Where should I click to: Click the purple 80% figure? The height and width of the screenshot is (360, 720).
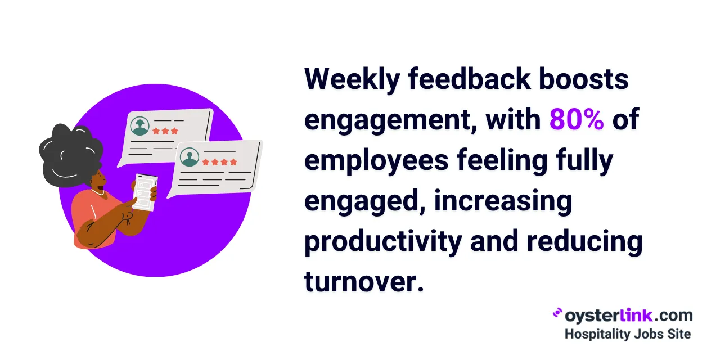(576, 120)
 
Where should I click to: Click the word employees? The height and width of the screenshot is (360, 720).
(376, 161)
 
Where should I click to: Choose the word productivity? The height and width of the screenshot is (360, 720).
(382, 242)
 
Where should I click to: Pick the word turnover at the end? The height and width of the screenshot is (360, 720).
(363, 281)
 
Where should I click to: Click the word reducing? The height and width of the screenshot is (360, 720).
(584, 242)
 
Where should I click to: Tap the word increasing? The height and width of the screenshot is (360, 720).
(503, 201)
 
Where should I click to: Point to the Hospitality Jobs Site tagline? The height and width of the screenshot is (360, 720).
(627, 334)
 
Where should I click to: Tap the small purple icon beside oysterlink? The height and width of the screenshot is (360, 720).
(557, 313)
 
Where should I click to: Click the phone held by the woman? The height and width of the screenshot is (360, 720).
(145, 191)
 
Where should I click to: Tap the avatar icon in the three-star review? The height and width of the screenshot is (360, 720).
(139, 126)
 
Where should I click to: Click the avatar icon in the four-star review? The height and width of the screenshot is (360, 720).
(189, 157)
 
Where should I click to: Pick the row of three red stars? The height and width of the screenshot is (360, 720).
(165, 131)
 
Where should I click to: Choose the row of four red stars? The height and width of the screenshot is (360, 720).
(219, 162)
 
